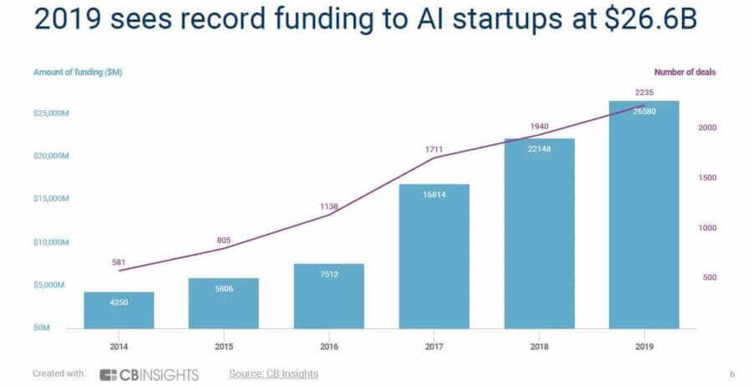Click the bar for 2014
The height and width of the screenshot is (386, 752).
click(x=119, y=310)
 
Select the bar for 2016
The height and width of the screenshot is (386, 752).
click(x=328, y=296)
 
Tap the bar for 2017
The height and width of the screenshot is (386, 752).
click(x=434, y=256)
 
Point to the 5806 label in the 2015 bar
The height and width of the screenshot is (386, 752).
click(x=223, y=288)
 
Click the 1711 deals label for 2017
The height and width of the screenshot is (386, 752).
click(x=434, y=149)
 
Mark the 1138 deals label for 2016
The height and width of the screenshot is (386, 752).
click(x=328, y=206)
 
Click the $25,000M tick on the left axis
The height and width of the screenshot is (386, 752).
click(x=52, y=112)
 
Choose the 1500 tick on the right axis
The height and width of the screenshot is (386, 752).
click(x=707, y=178)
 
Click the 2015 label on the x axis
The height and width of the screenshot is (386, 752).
click(x=223, y=344)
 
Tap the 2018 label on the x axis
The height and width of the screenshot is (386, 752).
click(x=539, y=344)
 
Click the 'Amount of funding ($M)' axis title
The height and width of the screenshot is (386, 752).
click(x=78, y=73)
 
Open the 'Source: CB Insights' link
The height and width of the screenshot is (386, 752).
click(x=273, y=373)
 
